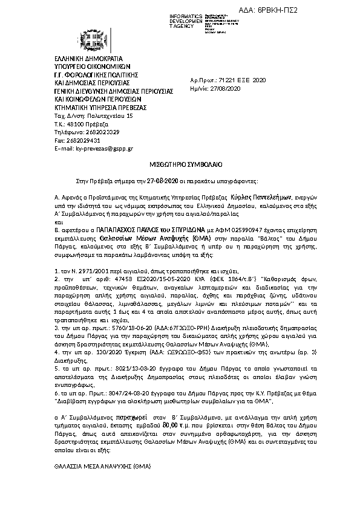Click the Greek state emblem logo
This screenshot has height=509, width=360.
[x=96, y=41]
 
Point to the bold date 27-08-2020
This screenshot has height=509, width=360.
[x=163, y=181]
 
